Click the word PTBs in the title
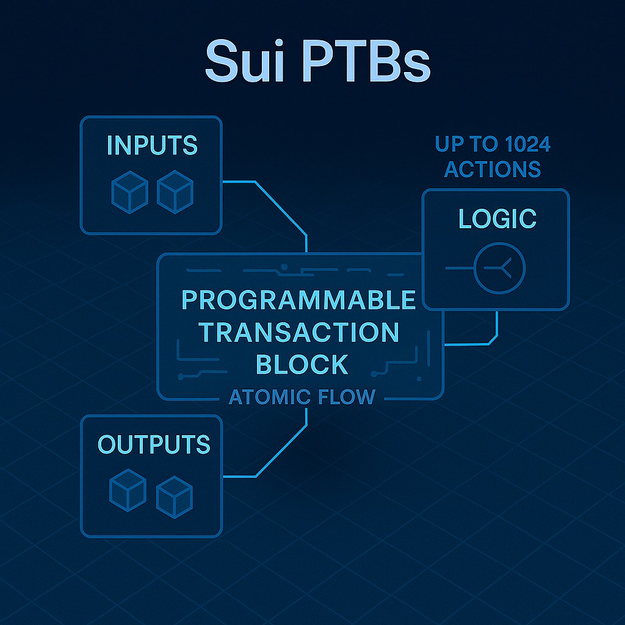pyautogui.click(x=365, y=61)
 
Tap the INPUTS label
pyautogui.click(x=152, y=145)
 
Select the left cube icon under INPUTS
pyautogui.click(x=129, y=191)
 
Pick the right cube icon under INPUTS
pyautogui.click(x=175, y=191)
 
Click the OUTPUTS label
pyautogui.click(x=154, y=444)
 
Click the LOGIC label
pyautogui.click(x=497, y=219)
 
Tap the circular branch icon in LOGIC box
pyautogui.click(x=499, y=268)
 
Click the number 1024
pyautogui.click(x=519, y=145)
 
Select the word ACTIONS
pyautogui.click(x=493, y=169)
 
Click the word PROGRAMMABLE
pyautogui.click(x=299, y=300)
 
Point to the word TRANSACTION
pyautogui.click(x=299, y=333)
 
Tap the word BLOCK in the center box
pyautogui.click(x=302, y=364)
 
